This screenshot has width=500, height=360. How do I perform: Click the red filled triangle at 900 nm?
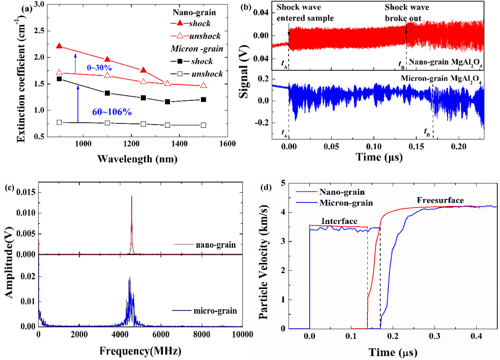[59, 46]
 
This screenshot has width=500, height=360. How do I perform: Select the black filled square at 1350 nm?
[167, 102]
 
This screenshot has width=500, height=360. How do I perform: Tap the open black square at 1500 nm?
[203, 125]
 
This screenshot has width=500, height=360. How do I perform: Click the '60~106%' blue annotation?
[112, 112]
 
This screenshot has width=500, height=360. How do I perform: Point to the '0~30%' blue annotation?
[99, 67]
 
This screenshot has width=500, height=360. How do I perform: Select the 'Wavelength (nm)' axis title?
[137, 159]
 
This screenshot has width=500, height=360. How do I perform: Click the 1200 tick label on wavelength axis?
[131, 144]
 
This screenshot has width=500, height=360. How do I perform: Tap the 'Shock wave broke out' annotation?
[406, 12]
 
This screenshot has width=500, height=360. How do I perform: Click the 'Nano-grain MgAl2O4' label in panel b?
[445, 62]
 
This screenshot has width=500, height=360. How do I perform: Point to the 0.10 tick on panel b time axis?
[374, 146]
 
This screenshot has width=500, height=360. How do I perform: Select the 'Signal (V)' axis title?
[244, 71]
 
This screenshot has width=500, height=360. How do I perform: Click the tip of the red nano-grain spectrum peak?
[131, 196]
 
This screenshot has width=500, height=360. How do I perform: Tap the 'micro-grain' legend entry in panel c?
[215, 311]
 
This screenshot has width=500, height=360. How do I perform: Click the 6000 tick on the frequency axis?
[161, 334]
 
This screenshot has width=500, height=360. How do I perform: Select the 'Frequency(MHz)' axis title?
[140, 351]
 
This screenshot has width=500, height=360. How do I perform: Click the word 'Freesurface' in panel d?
[440, 200]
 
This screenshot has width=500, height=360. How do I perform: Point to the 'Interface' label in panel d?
[339, 221]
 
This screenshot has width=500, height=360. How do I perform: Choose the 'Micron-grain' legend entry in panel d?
[346, 203]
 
